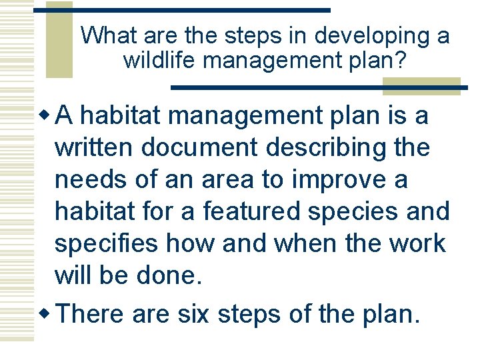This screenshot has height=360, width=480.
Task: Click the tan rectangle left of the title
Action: point(59,40)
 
